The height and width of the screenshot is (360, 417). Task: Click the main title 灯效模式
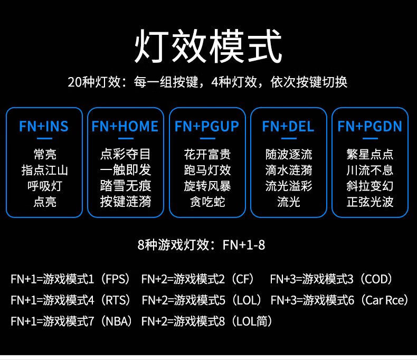(208, 47)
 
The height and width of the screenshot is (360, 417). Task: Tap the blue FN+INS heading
(44, 127)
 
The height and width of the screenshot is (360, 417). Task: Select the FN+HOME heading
(125, 127)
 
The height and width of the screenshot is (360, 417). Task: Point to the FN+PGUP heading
(207, 127)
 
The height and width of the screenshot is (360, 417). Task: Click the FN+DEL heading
(288, 127)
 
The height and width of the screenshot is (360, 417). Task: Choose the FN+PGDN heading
(369, 127)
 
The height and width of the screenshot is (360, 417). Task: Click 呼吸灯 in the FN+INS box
(44, 186)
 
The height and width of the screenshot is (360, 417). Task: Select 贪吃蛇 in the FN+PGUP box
(207, 202)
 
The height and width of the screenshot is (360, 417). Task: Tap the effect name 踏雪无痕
(126, 186)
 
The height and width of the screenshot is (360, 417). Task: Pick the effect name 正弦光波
(370, 202)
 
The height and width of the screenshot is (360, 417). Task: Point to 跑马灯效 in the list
(207, 170)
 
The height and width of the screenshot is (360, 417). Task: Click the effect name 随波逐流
(289, 154)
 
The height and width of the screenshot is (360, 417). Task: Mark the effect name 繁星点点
(370, 154)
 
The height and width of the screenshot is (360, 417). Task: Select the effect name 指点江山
(44, 170)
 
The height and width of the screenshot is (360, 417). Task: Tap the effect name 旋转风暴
(207, 186)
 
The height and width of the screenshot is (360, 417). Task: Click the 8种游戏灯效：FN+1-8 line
(201, 245)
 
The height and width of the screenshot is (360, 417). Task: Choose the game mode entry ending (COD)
(331, 279)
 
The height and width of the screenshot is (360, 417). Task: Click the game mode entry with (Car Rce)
(340, 300)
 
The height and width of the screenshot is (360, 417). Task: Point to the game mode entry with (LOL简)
(207, 321)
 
